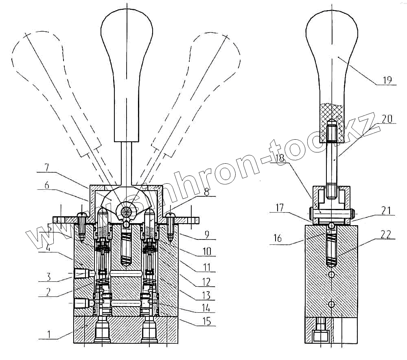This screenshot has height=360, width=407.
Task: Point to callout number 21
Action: [387, 211]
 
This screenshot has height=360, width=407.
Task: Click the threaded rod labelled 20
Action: [333, 163]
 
